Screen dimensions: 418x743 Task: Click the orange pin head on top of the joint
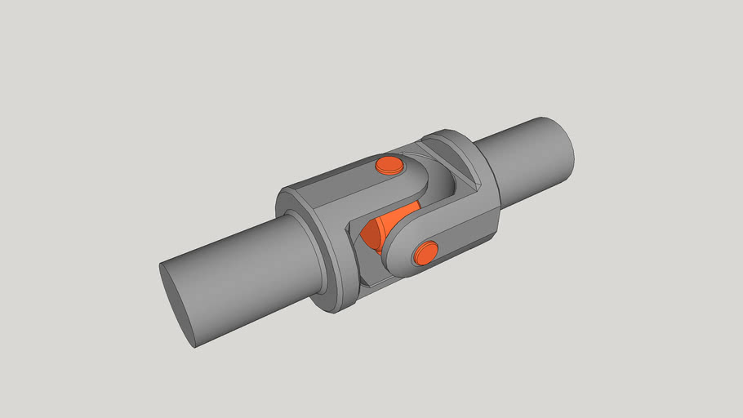tap(389, 166)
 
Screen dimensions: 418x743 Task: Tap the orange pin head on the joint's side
tap(425, 254)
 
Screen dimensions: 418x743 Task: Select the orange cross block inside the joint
tap(384, 228)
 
